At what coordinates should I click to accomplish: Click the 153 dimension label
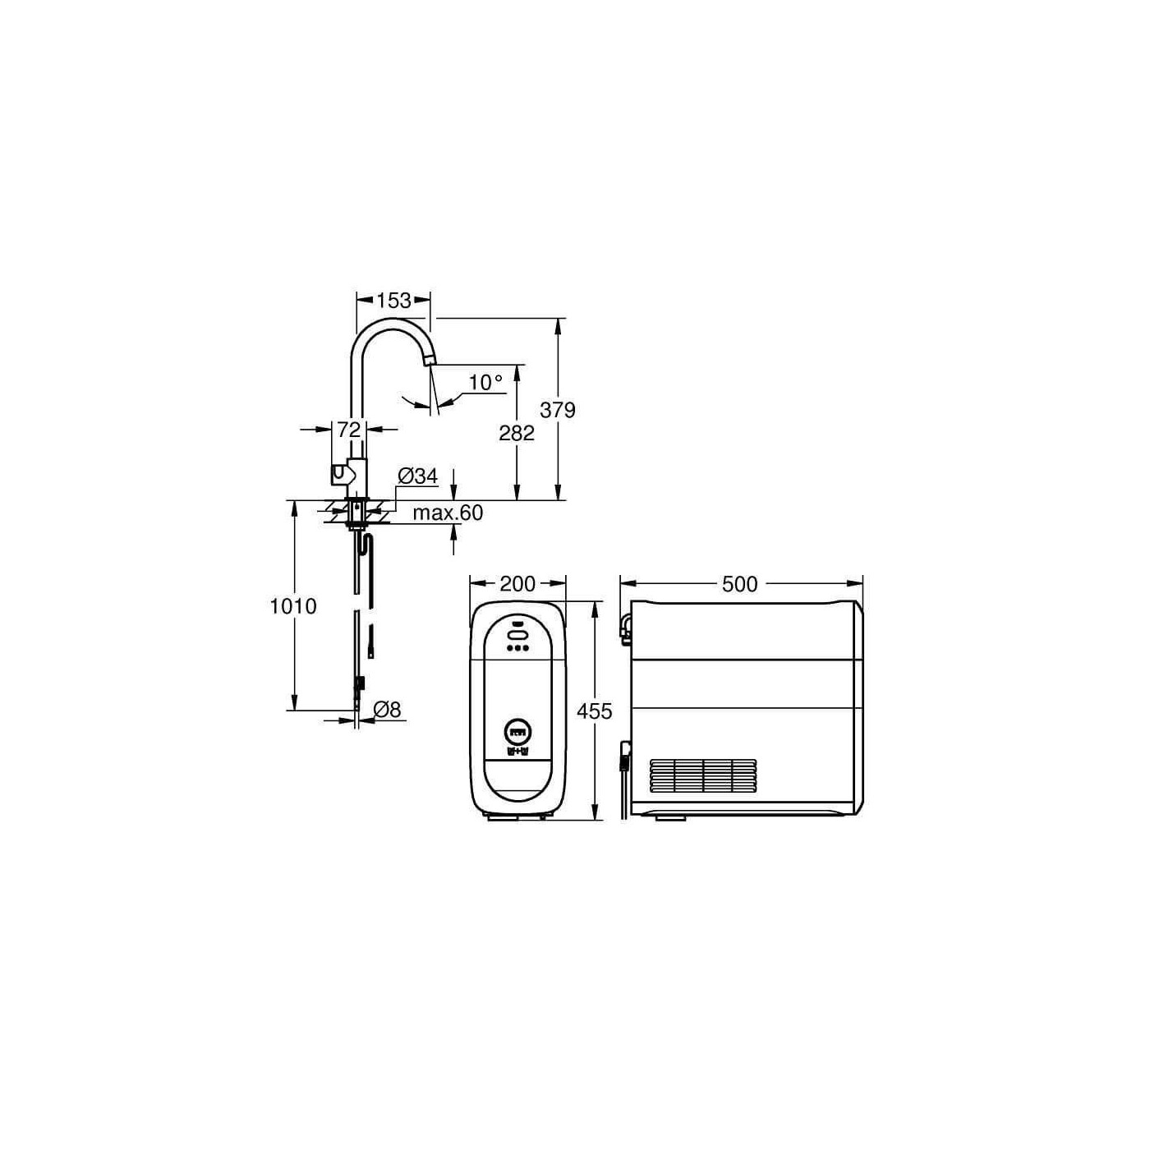coord(394,300)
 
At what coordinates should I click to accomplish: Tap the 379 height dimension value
coord(558,410)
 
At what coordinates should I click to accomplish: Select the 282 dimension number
coord(517,433)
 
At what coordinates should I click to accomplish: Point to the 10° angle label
coord(485,382)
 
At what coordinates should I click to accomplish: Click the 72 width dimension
coord(349,429)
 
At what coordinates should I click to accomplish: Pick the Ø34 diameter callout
coord(418,476)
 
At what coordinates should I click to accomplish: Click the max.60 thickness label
coord(448,513)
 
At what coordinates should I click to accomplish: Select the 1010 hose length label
coord(293,606)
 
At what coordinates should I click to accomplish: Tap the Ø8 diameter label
coord(388,709)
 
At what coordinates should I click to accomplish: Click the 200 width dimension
coord(517,584)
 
